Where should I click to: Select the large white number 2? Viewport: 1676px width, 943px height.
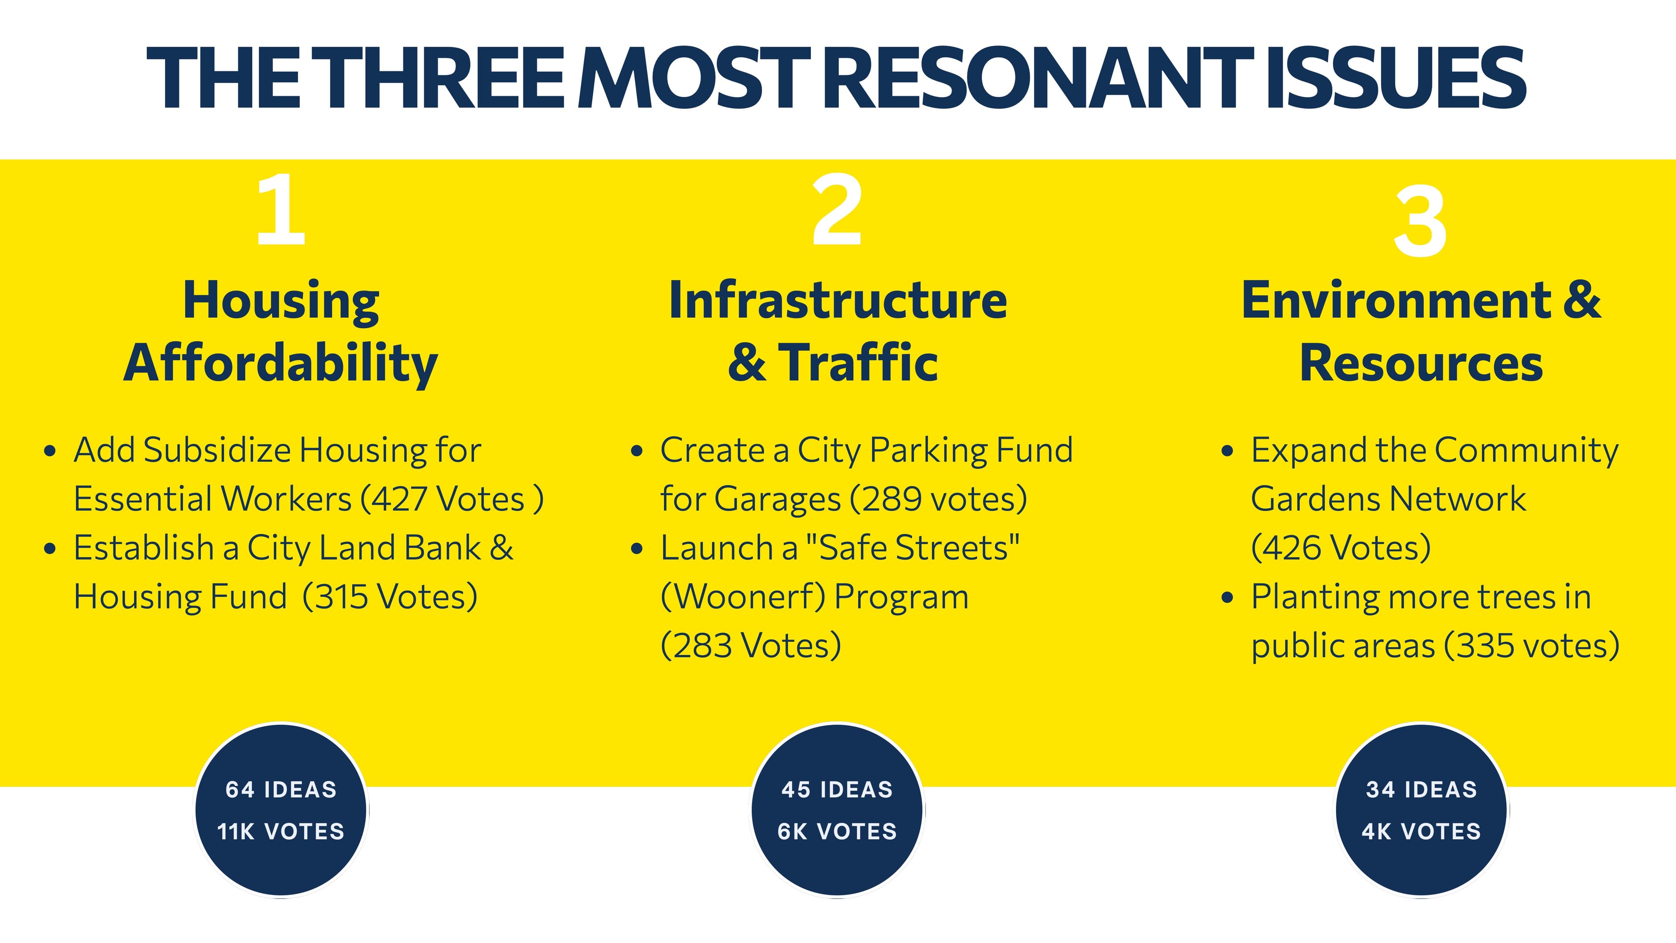pyautogui.click(x=838, y=209)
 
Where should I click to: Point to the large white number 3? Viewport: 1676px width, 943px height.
pyautogui.click(x=1420, y=221)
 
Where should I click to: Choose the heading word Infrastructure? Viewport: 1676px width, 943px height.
pyautogui.click(x=838, y=301)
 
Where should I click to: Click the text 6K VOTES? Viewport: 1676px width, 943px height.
pyautogui.click(x=838, y=832)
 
